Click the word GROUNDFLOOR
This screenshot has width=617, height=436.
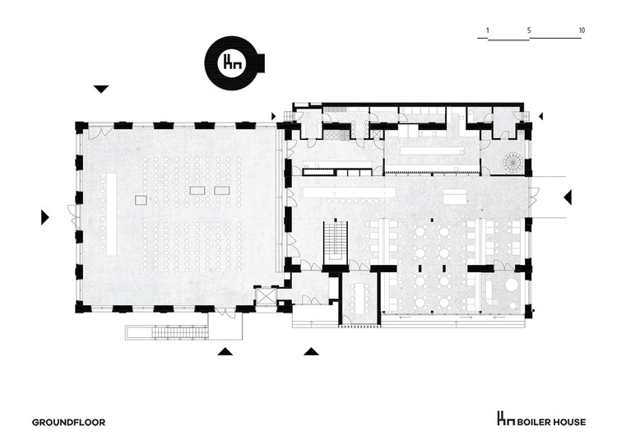[69, 422]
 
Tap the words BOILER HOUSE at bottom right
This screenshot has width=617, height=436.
[551, 421]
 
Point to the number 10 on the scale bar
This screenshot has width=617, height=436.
[582, 30]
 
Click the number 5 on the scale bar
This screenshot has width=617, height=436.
[529, 30]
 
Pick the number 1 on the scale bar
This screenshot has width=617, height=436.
[488, 30]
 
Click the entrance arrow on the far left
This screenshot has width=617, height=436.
[45, 217]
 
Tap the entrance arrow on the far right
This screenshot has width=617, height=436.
[568, 197]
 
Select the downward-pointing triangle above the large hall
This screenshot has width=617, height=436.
[101, 89]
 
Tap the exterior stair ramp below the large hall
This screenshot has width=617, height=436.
[182, 331]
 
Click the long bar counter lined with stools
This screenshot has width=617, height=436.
[348, 192]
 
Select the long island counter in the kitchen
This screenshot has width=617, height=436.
[432, 151]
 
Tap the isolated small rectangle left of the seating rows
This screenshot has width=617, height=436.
[141, 199]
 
